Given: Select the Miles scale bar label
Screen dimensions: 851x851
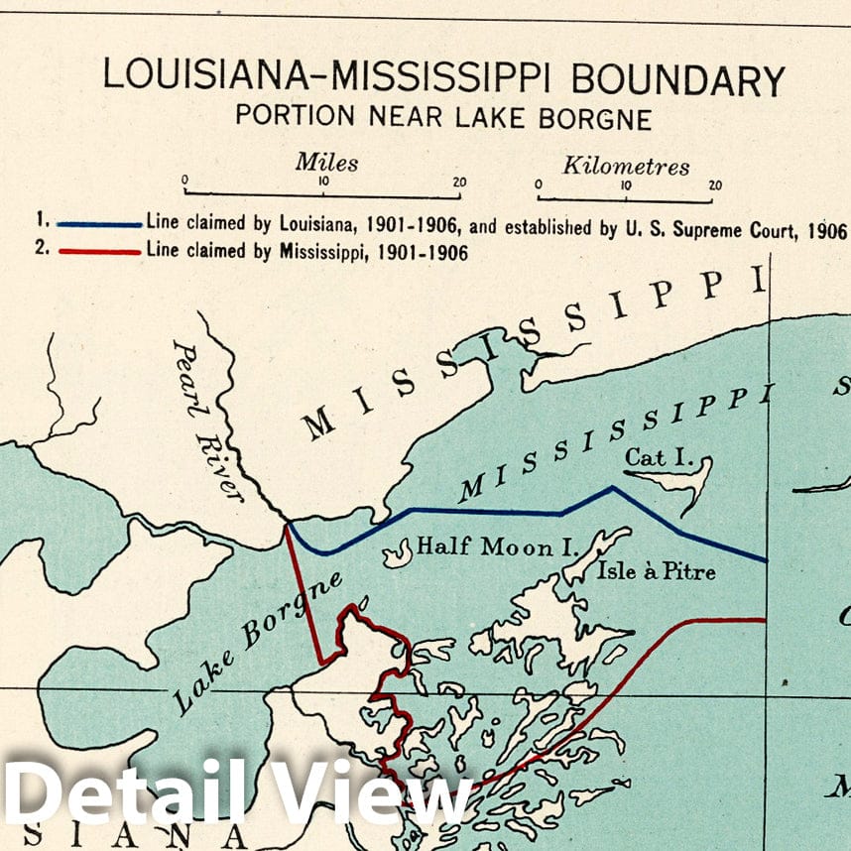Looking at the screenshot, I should click(x=326, y=162).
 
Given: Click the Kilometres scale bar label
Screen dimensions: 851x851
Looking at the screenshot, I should click(x=626, y=166).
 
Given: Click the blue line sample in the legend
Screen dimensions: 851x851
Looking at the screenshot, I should click(x=99, y=224).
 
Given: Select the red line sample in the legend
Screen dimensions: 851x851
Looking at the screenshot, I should click(x=99, y=252).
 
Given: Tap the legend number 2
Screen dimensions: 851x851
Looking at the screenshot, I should click(x=41, y=250).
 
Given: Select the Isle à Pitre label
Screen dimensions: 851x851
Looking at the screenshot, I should click(x=656, y=571).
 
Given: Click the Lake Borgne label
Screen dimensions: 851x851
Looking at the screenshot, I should click(x=258, y=642).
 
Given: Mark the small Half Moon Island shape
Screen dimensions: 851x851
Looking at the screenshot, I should click(x=399, y=553).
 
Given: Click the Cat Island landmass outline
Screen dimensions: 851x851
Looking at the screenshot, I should click(x=684, y=480).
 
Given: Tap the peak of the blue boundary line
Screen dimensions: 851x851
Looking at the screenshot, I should click(x=613, y=488).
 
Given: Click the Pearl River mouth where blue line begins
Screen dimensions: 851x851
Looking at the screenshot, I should click(x=289, y=523).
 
